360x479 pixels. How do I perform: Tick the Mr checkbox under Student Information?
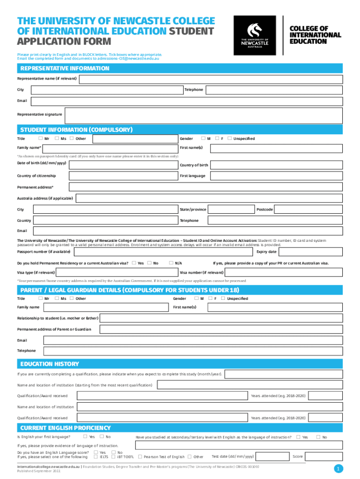41,138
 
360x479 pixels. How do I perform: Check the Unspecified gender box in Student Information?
230,138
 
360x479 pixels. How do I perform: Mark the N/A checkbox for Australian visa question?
171,263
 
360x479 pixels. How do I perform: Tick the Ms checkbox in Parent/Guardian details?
57,298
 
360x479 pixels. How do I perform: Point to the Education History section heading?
49,364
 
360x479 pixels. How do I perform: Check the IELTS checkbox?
96,457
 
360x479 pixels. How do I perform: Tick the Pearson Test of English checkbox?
140,457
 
